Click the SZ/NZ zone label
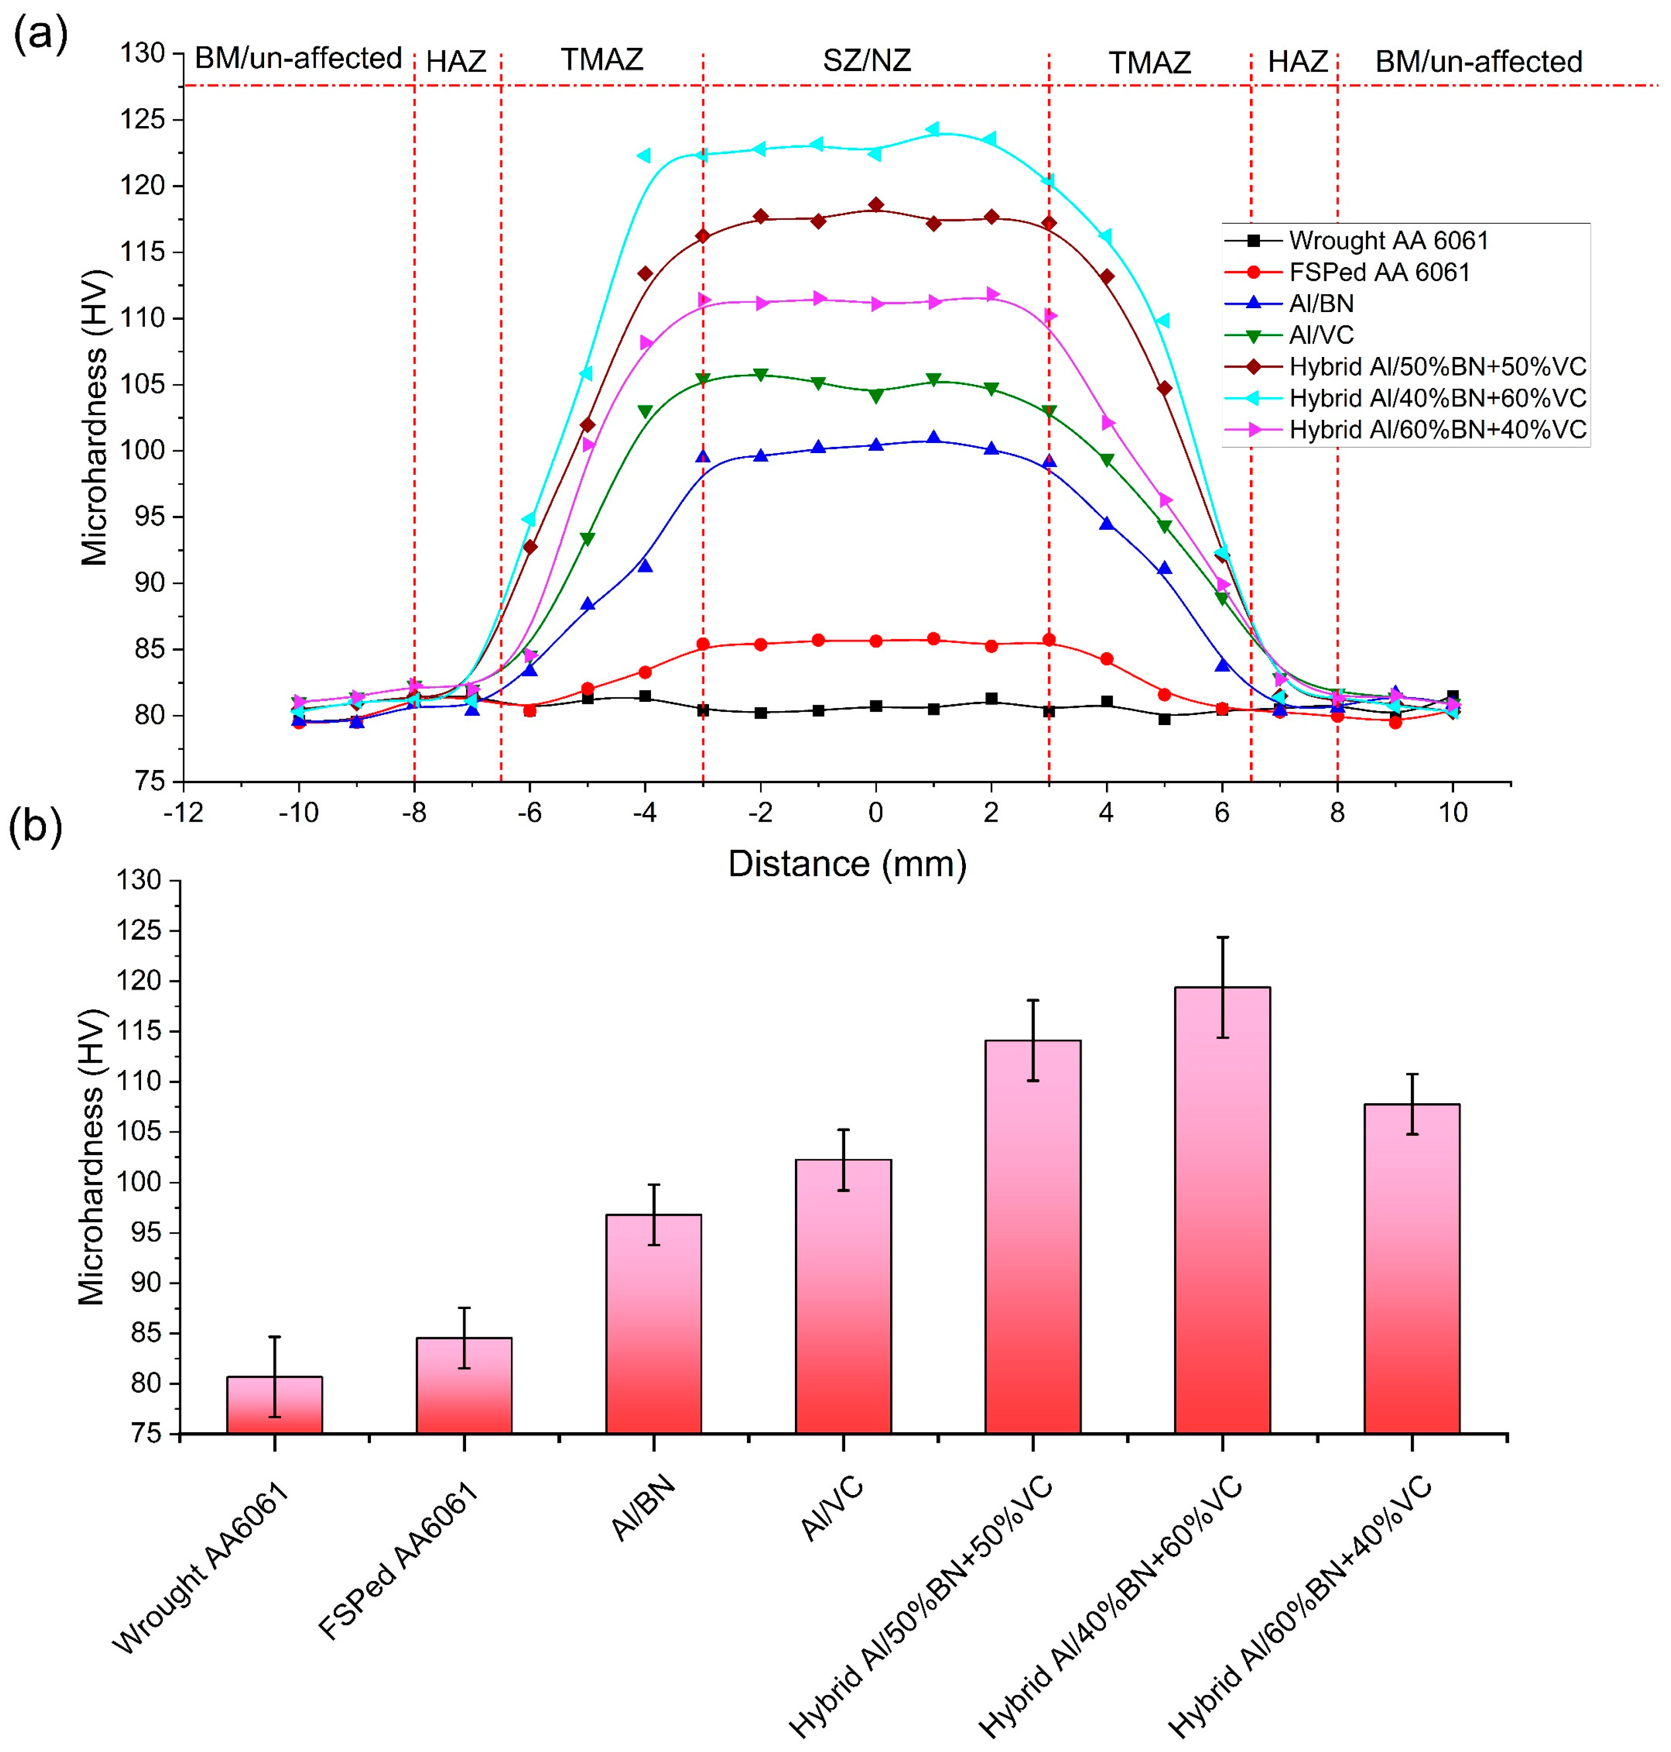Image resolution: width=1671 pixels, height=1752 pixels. (867, 60)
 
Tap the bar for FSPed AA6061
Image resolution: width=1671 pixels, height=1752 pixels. (464, 1386)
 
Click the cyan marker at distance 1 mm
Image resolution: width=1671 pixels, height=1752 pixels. (933, 129)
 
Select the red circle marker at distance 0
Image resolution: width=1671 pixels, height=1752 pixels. (876, 641)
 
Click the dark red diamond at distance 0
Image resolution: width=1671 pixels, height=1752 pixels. (876, 205)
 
